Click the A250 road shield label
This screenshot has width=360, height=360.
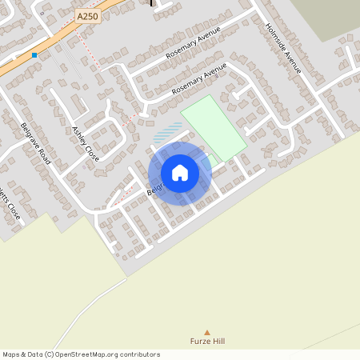pyautogui.click(x=89, y=16)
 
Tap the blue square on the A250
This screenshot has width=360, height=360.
pyautogui.click(x=34, y=55)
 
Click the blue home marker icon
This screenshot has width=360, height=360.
pyautogui.click(x=180, y=173)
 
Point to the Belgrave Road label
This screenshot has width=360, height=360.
pyautogui.click(x=36, y=144)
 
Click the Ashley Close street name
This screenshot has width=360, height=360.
pyautogui.click(x=85, y=144)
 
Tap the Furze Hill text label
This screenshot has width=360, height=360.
pyautogui.click(x=207, y=342)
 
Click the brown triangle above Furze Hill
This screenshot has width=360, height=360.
pyautogui.click(x=207, y=332)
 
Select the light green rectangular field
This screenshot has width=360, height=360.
pyautogui.click(x=214, y=126)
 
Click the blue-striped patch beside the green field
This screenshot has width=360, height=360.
pyautogui.click(x=166, y=132)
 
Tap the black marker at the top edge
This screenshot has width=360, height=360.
pyautogui.click(x=153, y=2)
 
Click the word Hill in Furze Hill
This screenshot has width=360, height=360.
pyautogui.click(x=217, y=342)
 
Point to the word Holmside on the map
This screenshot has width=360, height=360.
pyautogui.click(x=277, y=36)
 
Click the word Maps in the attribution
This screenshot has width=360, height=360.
pyautogui.click(x=12, y=354)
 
